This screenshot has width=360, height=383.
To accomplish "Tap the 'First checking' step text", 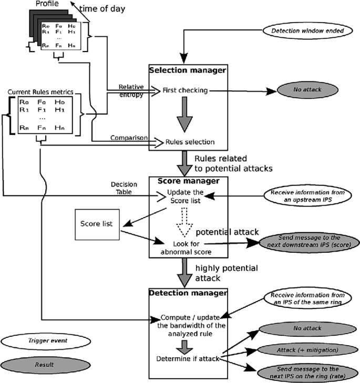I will coord(186,90).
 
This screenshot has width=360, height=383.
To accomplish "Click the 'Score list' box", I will coord(98,223).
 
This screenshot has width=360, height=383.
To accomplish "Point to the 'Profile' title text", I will coord(48,4).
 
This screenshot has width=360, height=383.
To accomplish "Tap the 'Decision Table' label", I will coord(124,188).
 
